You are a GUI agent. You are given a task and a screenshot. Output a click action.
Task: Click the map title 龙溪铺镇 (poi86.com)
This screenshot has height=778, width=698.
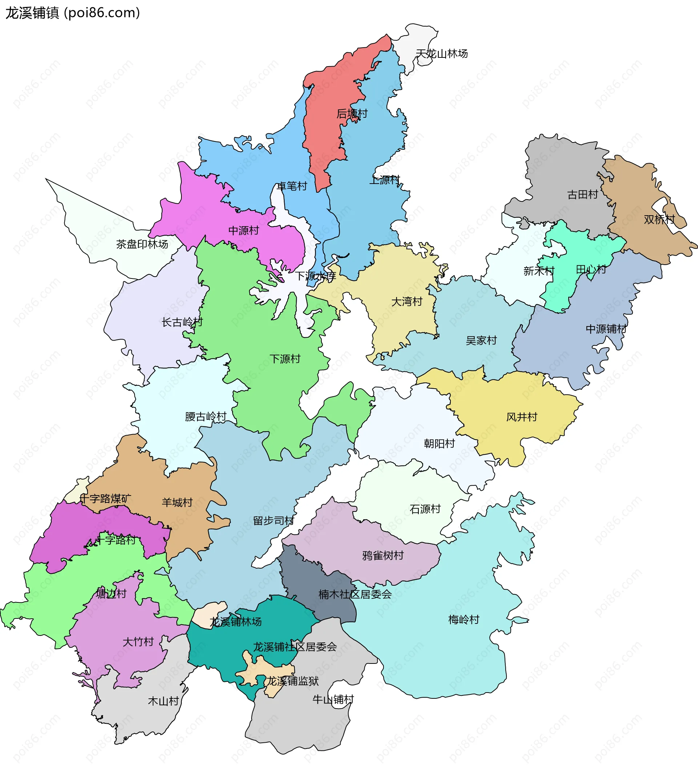73,13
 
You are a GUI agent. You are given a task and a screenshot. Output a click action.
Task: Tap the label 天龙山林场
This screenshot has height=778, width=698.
441,54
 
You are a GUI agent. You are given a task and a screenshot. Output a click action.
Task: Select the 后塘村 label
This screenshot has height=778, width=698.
352,113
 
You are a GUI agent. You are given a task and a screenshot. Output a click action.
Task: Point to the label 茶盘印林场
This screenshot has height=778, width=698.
142,244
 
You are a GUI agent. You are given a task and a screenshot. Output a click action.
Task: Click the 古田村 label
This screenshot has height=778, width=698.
582,195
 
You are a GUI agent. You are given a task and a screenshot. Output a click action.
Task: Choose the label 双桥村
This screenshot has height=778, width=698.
659,219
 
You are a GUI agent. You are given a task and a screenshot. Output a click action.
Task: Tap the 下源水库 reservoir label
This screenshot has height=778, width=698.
315,276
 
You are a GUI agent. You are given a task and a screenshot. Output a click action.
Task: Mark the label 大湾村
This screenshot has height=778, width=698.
406,302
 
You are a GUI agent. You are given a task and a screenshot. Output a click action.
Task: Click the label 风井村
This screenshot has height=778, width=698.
522,417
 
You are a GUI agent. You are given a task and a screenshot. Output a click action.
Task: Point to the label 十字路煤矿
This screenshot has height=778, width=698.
105,498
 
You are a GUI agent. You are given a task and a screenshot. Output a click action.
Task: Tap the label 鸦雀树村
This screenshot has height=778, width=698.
383,555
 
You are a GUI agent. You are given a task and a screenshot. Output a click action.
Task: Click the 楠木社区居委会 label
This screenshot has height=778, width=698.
355,594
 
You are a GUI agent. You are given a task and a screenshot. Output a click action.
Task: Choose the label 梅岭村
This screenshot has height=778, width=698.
464,619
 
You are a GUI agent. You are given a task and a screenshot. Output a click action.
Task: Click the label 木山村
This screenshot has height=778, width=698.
163,701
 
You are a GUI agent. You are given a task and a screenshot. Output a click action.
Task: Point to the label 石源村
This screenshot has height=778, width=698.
425,509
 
